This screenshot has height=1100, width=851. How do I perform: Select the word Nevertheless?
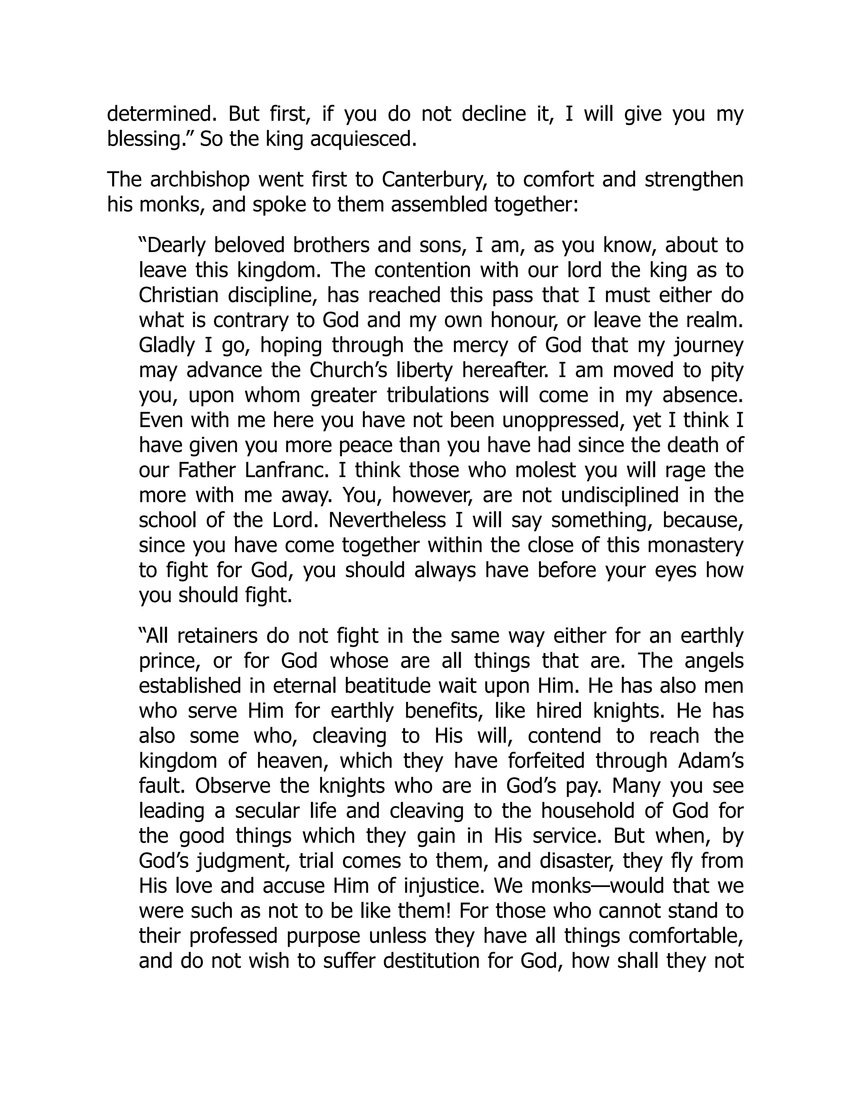pyautogui.click(x=387, y=520)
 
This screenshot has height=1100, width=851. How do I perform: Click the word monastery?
pyautogui.click(x=695, y=545)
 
